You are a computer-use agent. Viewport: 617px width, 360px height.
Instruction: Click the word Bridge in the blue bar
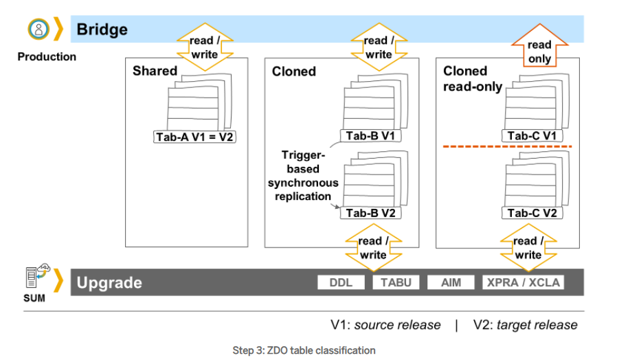(x=102, y=30)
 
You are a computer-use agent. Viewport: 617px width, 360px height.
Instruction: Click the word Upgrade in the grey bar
(x=109, y=282)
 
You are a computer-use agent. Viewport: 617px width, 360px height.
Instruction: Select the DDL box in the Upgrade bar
(x=341, y=282)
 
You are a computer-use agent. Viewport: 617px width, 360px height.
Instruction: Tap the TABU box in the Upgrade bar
(x=396, y=282)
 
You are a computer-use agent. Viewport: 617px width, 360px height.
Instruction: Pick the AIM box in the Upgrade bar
(x=451, y=282)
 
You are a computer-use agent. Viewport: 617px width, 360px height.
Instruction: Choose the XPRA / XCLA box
(x=524, y=282)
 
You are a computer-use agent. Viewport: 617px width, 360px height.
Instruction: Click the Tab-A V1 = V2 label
(x=194, y=137)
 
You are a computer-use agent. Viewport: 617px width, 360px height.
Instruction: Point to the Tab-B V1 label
(x=370, y=136)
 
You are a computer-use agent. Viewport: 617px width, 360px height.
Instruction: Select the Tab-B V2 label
(x=370, y=212)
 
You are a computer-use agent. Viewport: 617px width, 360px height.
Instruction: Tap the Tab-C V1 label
(x=532, y=136)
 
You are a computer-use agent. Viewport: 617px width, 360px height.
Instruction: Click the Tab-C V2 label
(x=532, y=212)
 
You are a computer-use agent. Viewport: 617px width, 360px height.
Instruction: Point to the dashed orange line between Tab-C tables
(x=507, y=147)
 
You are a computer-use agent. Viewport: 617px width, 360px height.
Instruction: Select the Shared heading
(x=155, y=71)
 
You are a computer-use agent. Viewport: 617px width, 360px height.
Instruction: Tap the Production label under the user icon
(x=47, y=57)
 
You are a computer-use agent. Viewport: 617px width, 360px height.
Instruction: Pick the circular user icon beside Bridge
(x=38, y=29)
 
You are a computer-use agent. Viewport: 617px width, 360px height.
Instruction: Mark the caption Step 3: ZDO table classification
(x=304, y=350)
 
